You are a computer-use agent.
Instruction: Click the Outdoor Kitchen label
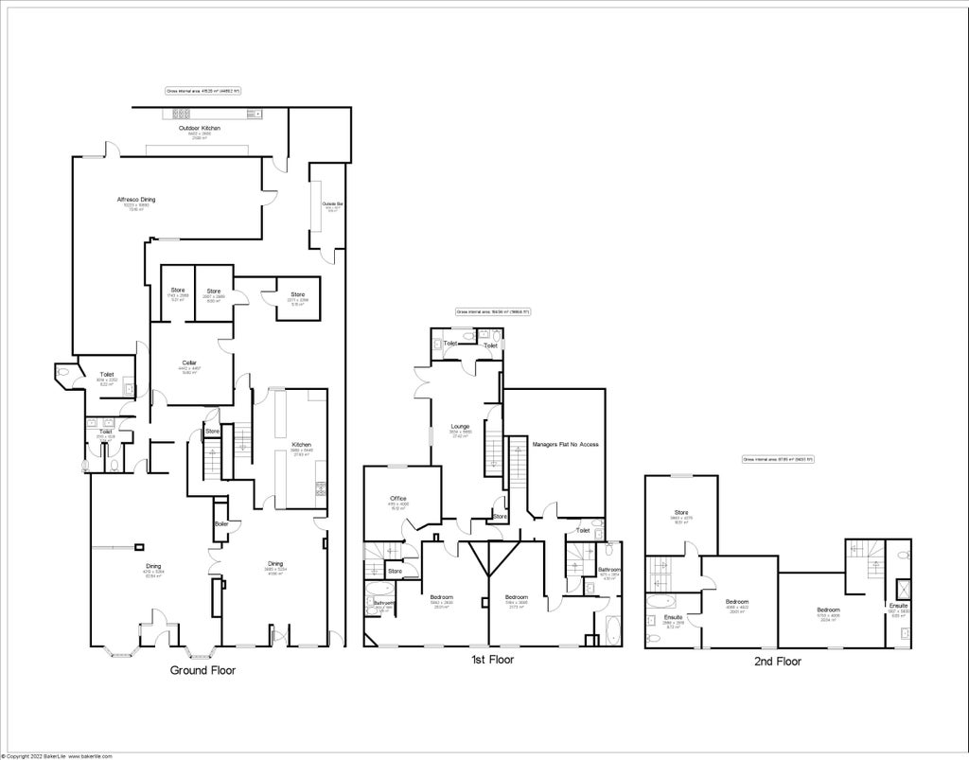coord(194,128)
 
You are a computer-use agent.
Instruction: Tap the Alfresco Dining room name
coord(135,200)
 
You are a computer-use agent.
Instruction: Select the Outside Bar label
coord(331,204)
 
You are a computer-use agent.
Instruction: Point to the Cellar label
coord(188,362)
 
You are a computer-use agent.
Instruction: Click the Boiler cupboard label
coord(220,523)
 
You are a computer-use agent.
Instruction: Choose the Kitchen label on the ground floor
coord(301,445)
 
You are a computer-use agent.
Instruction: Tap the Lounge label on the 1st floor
coord(460,427)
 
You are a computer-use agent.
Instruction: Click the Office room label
coord(397,499)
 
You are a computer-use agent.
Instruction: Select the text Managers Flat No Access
coord(565,444)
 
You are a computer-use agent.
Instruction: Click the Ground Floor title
coord(203,670)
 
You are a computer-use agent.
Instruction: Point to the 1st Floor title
coord(492,660)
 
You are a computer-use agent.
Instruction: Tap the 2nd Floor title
coord(777,662)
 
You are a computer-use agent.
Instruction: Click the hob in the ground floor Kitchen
coord(321,489)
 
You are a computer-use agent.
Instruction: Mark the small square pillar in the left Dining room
coord(139,546)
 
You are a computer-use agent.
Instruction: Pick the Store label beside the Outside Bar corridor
coord(298,293)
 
